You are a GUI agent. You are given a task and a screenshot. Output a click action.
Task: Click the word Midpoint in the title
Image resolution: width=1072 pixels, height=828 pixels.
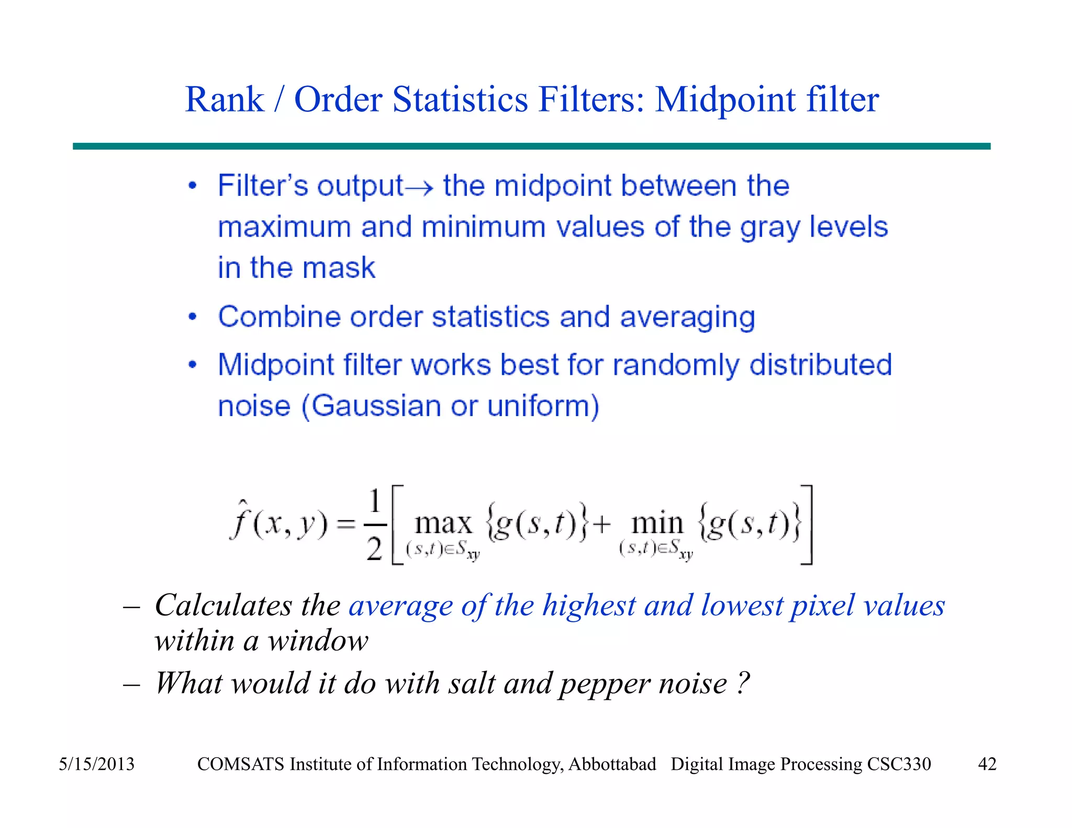click(x=726, y=99)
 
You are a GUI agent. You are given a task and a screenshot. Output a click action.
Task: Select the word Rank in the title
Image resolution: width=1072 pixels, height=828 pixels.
click(x=225, y=99)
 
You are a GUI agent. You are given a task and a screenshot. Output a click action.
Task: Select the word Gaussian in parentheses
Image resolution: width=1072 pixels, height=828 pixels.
click(x=377, y=406)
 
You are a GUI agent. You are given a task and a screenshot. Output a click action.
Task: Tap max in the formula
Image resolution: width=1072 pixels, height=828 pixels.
click(x=443, y=523)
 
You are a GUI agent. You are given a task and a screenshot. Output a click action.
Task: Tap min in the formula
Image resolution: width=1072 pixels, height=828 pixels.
click(x=657, y=523)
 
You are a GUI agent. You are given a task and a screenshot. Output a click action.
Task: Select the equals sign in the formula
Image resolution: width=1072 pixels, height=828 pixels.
click(x=346, y=524)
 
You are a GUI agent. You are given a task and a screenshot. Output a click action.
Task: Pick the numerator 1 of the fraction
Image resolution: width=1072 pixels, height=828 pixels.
click(x=374, y=501)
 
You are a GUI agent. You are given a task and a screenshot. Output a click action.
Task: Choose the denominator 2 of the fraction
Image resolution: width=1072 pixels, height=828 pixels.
click(x=374, y=549)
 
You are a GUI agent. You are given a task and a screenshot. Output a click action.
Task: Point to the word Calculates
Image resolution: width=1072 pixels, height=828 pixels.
click(x=223, y=606)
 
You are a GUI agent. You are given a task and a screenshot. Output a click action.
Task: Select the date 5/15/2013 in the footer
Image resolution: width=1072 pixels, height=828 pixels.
click(x=96, y=764)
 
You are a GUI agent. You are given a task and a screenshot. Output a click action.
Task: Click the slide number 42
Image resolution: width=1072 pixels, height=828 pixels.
click(x=987, y=764)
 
